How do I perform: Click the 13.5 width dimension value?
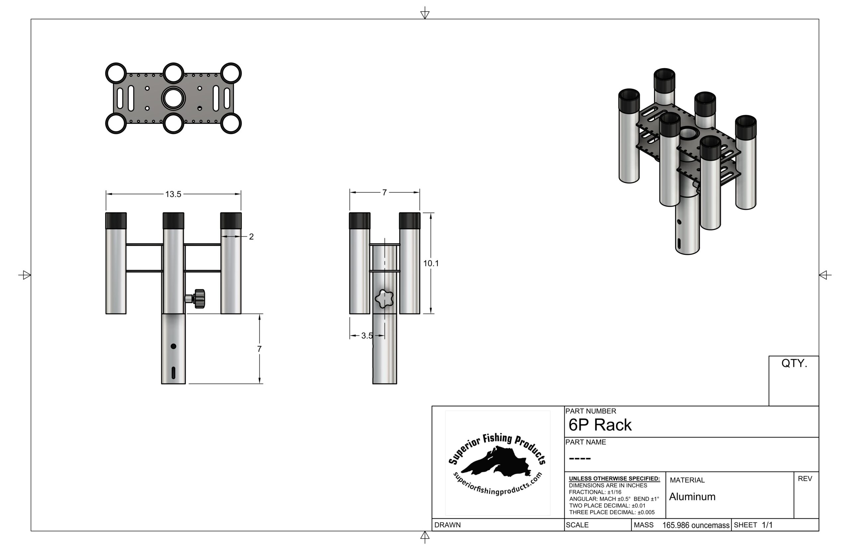(173, 194)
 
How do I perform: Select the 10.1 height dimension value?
(431, 264)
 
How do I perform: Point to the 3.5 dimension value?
(367, 336)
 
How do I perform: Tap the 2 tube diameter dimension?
(251, 237)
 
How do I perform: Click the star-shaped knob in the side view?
(384, 299)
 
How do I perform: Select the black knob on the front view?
(199, 299)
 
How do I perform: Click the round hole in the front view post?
(174, 346)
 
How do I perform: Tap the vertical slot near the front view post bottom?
(174, 373)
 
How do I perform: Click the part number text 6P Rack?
(600, 425)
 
